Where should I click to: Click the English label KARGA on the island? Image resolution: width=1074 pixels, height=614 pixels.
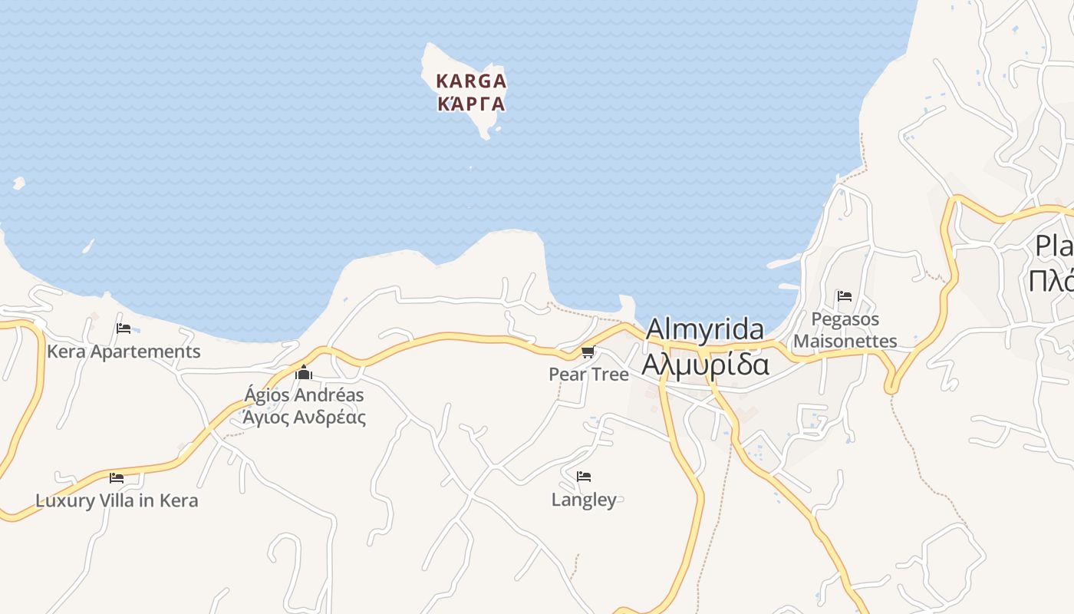tap(471, 81)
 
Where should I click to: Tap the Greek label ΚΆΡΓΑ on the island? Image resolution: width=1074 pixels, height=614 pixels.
tap(471, 104)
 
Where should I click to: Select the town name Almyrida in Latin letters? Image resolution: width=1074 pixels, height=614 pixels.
tap(704, 330)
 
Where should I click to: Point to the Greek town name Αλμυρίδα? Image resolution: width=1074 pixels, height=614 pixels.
tap(704, 365)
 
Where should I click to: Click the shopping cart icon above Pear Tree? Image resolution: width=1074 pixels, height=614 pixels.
tap(588, 352)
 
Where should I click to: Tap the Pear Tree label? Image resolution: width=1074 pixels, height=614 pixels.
tap(588, 375)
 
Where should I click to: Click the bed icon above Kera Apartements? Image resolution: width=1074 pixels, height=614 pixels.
tap(124, 328)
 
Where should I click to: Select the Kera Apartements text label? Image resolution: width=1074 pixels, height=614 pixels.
tap(124, 352)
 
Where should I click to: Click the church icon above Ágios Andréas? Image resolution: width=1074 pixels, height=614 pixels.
tap(304, 373)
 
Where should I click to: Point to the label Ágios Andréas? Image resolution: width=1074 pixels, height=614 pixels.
tap(304, 395)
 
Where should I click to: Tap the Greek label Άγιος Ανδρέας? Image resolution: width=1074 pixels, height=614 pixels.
tap(304, 418)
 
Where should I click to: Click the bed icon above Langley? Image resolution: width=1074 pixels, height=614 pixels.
tap(584, 477)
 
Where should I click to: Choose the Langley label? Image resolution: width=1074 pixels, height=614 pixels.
tap(584, 500)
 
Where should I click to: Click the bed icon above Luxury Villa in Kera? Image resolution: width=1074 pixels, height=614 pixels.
tap(117, 477)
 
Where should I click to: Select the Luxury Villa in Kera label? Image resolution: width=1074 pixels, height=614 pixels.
tap(117, 501)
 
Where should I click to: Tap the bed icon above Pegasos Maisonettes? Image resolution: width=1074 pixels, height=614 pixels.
tap(845, 296)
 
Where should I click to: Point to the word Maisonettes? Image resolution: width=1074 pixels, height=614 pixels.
tap(845, 341)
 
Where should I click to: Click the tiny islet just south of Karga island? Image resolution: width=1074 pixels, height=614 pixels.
tap(470, 168)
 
